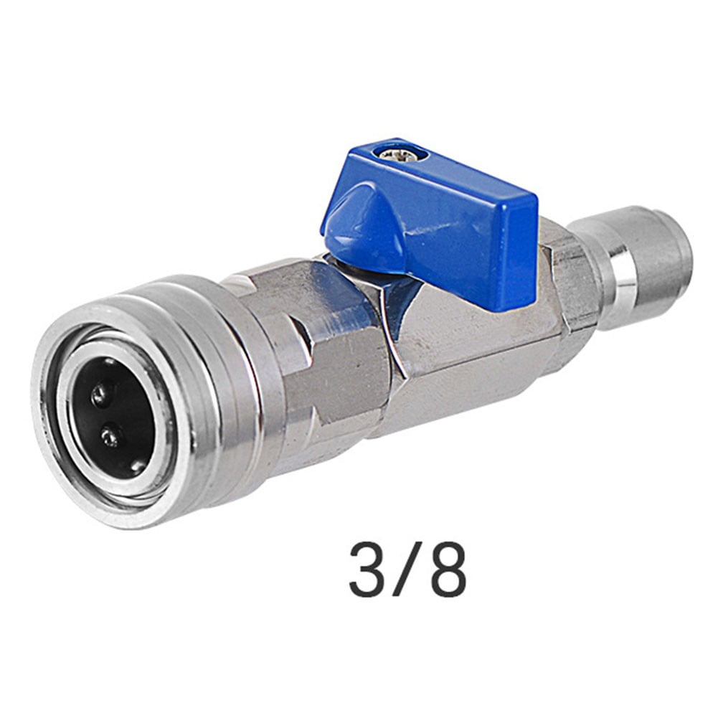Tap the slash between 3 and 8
407,570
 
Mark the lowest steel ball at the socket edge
136,466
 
